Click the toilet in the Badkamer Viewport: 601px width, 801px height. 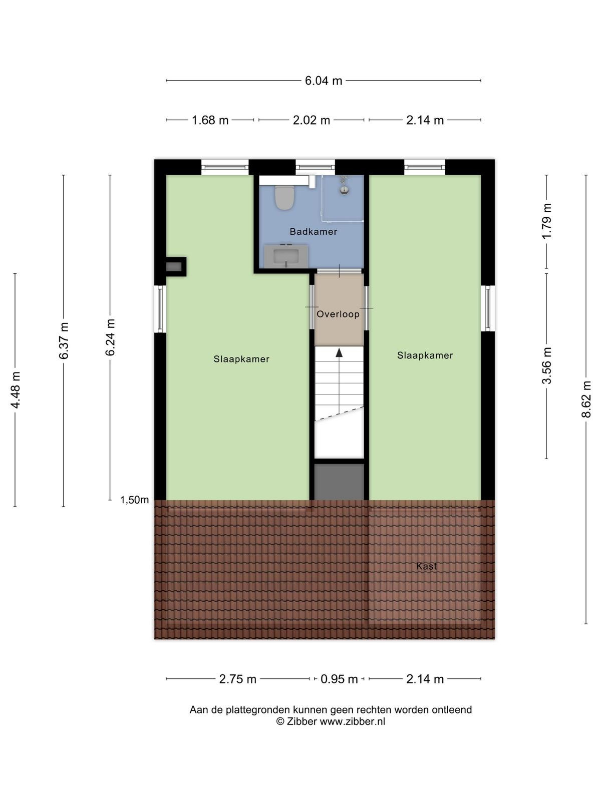click(x=284, y=197)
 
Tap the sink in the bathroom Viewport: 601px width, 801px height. click(x=286, y=256)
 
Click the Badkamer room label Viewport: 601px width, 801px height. click(x=314, y=231)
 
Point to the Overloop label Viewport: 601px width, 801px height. click(x=338, y=314)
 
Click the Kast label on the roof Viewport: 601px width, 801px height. click(x=426, y=566)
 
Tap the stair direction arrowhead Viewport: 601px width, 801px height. click(x=340, y=352)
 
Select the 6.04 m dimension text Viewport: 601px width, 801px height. click(x=324, y=81)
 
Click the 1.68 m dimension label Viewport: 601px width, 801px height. click(x=210, y=120)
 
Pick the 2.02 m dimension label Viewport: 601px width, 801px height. click(x=311, y=120)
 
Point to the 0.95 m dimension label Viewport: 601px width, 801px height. click(x=339, y=679)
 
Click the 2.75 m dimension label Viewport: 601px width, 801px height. click(x=237, y=679)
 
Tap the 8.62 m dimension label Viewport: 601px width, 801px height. click(x=586, y=399)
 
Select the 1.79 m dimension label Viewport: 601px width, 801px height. click(x=546, y=221)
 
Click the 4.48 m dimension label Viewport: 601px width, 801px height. click(x=15, y=390)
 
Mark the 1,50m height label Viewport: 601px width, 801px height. click(x=135, y=500)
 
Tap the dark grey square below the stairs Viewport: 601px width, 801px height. click(x=340, y=482)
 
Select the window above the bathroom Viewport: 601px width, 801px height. click(x=315, y=167)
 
